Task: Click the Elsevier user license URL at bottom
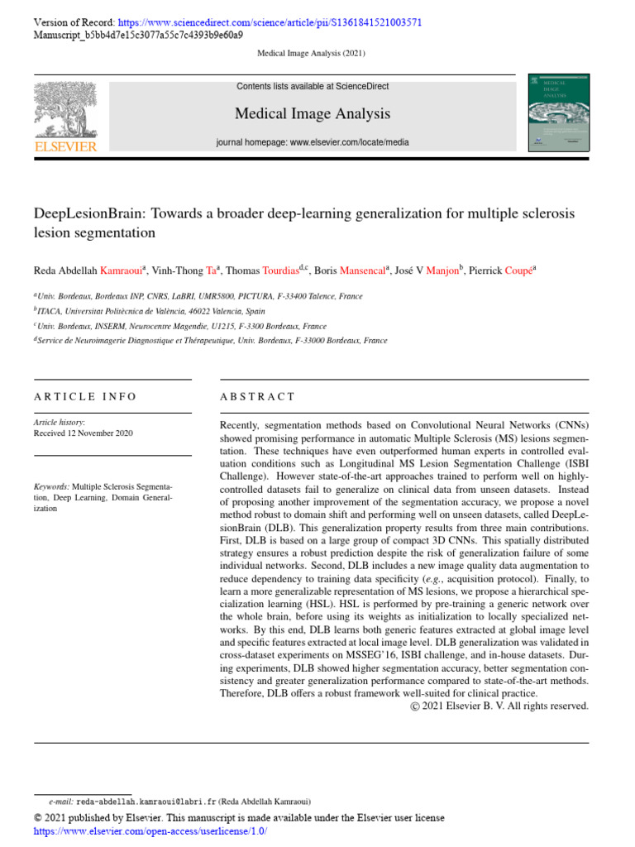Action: coord(150,831)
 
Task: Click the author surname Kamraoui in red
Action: coord(121,270)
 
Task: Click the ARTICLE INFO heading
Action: coord(85,397)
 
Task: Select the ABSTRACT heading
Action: coord(257,397)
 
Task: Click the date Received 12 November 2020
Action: coord(83,433)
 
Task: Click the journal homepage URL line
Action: coord(313,142)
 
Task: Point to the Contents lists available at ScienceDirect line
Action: coord(313,86)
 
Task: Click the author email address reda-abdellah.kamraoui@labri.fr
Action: coord(146,802)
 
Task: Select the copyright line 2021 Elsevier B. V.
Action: coord(499,706)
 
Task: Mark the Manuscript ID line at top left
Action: coord(138,36)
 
